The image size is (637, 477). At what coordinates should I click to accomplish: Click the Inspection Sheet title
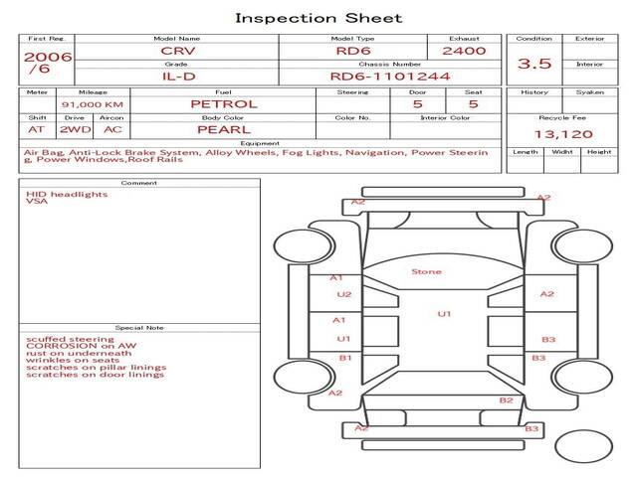point(318,18)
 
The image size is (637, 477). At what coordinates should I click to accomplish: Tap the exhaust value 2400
point(464,51)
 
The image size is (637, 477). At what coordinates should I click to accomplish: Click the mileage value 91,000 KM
point(92,104)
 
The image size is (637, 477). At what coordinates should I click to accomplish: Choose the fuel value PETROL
point(223,103)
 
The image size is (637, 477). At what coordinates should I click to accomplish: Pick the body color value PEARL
point(223,129)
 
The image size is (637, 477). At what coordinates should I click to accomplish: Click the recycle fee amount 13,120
point(560,133)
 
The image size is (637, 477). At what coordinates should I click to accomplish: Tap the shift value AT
point(36,129)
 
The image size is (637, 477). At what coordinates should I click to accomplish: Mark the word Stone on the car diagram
point(426,271)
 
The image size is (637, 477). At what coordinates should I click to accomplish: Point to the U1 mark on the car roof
point(444,314)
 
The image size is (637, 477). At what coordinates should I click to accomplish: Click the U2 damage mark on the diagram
point(344,294)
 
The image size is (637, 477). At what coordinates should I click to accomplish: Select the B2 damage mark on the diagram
point(506,399)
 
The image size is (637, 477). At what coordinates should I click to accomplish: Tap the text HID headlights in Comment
point(67,195)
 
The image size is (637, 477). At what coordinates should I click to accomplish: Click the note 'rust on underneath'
point(79,353)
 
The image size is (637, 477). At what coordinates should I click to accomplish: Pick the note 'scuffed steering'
point(70,338)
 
